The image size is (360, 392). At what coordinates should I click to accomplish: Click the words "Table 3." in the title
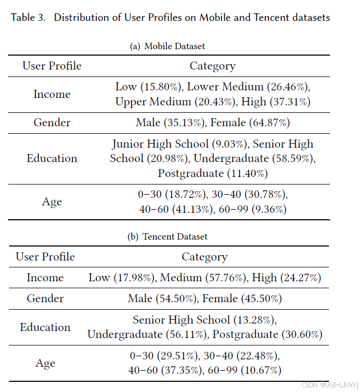[28, 18]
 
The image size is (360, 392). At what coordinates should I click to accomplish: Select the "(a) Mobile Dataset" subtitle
[167, 47]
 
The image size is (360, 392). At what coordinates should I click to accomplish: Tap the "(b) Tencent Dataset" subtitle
[168, 236]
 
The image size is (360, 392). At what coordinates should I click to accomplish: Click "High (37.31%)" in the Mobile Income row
[275, 102]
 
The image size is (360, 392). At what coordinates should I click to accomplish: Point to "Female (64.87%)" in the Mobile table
[250, 123]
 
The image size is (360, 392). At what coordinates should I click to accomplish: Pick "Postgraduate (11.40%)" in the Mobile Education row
[212, 173]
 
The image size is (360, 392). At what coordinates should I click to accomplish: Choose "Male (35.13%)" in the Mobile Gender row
[171, 123]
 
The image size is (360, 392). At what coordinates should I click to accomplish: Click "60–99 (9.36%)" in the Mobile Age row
[252, 210]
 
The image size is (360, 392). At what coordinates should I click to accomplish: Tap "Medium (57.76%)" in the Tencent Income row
[204, 278]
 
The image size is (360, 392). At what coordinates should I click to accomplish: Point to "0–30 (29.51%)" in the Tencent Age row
[162, 356]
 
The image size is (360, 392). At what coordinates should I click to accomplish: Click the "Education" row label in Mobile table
[52, 158]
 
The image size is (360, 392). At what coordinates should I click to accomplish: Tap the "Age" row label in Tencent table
[45, 363]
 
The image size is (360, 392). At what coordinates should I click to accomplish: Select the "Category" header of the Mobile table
[212, 66]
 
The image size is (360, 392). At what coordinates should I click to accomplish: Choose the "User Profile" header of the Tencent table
[45, 257]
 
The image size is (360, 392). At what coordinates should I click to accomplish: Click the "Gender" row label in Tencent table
[45, 298]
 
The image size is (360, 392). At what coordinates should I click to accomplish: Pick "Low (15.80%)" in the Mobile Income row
[148, 87]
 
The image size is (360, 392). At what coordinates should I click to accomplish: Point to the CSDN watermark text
[329, 385]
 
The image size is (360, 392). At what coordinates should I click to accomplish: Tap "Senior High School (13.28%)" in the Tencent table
[204, 320]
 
